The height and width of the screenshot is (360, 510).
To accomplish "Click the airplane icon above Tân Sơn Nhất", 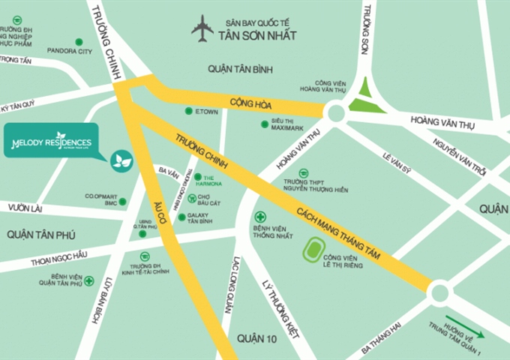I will (x=202, y=30).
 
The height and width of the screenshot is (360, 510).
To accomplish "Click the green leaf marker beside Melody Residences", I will (x=121, y=160).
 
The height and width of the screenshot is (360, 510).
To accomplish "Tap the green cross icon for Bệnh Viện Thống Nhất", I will (x=260, y=217).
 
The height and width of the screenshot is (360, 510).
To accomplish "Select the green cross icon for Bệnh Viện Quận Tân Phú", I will (x=89, y=281).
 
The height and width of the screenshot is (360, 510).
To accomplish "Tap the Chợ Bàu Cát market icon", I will (x=192, y=199).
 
